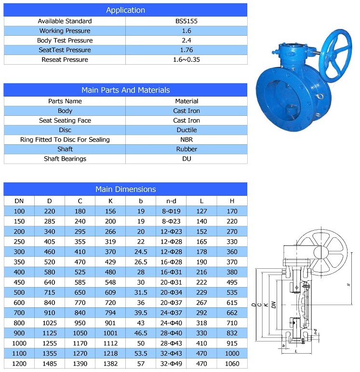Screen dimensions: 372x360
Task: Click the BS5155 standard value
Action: point(187,21)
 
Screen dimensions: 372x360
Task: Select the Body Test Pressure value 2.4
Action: point(187,41)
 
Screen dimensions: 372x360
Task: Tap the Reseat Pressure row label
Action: point(65,60)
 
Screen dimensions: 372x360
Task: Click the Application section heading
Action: point(125,10)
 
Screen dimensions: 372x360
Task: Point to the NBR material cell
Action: point(187,139)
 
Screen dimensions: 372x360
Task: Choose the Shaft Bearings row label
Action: point(65,159)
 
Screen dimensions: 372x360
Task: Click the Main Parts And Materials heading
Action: point(125,90)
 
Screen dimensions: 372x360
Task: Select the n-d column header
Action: point(171,201)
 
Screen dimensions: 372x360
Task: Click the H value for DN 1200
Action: point(232,364)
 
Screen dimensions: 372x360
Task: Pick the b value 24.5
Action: point(141,251)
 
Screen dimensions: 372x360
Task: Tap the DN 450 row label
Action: point(19,282)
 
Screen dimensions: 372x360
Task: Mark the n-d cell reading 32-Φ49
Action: point(171,364)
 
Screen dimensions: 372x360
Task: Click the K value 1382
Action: point(110,364)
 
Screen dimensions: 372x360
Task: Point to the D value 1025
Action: point(49,323)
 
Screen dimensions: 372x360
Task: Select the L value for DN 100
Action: point(201,211)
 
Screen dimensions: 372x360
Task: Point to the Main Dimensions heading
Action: point(125,190)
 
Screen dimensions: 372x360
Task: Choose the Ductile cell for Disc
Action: point(187,130)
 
